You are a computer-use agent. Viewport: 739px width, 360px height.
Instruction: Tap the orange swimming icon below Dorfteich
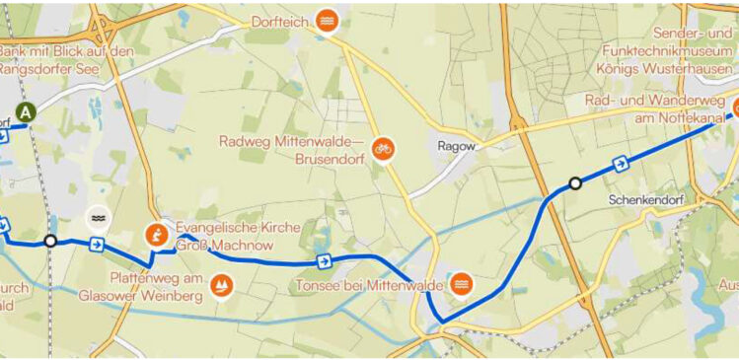(328, 21)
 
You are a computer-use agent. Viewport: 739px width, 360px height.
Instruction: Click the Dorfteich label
(279, 21)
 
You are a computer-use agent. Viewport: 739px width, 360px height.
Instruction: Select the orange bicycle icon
(383, 148)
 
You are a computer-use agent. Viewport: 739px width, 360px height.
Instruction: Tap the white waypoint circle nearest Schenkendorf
(575, 182)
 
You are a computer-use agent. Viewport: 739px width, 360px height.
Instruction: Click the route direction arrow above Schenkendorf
(621, 164)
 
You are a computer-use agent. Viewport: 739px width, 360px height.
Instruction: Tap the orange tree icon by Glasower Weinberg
(221, 288)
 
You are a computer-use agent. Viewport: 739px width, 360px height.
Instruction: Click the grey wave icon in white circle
(98, 217)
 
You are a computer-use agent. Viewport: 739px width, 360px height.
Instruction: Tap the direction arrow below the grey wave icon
(97, 244)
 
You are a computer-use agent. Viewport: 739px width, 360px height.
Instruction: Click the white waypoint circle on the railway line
(51, 241)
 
